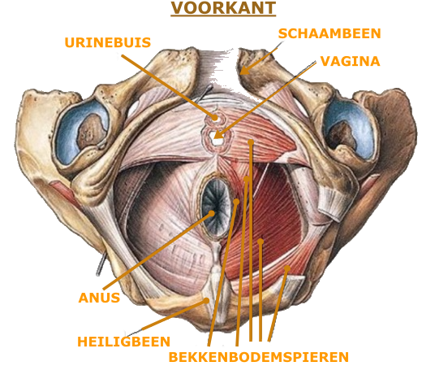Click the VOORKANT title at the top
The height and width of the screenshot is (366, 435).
pos(223,8)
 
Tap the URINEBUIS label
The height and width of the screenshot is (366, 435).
pos(108,42)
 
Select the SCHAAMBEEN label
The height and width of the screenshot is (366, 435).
pos(329,33)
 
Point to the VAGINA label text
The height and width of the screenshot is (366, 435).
pos(350,61)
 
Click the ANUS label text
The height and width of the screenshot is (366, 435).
pos(99,298)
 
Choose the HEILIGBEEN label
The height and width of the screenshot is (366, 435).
pos(123,342)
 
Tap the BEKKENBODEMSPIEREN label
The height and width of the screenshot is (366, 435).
pos(259,357)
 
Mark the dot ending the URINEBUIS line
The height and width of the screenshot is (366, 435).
pos(214,118)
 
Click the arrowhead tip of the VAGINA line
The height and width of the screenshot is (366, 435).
pos(214,138)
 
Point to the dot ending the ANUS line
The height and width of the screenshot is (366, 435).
pos(211,214)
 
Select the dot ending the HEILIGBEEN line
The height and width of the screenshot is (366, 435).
pos(206,301)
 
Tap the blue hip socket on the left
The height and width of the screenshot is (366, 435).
pos(81,131)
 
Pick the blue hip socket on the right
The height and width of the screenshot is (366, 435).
pos(350,131)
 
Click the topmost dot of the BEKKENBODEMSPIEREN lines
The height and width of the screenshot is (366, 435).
pos(251,142)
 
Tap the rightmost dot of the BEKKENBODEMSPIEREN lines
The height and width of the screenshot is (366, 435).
pos(287,268)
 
